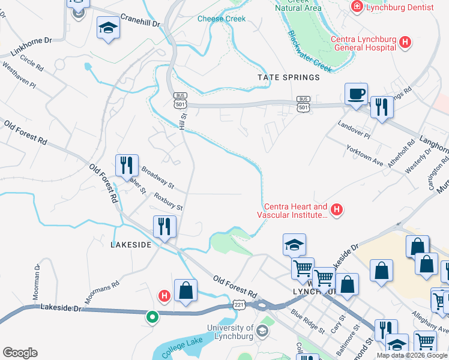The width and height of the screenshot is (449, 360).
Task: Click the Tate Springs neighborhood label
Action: click(288, 77)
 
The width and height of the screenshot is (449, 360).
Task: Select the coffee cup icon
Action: click(356, 94)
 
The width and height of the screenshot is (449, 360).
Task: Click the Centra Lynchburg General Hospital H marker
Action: click(406, 42)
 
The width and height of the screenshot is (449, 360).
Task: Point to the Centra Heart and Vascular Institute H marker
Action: click(337, 209)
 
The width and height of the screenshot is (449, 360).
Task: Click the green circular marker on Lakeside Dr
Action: click(152, 316)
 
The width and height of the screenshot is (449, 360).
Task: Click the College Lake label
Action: click(181, 350)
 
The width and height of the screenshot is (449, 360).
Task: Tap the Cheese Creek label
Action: click(221, 19)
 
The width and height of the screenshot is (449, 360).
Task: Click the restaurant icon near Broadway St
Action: click(127, 165)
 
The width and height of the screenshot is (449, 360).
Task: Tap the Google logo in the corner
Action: click(20, 353)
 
